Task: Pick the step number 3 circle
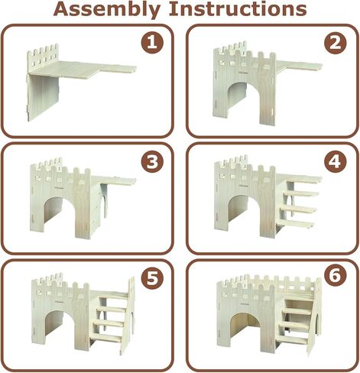[154, 162]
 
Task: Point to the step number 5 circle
[154, 278]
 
